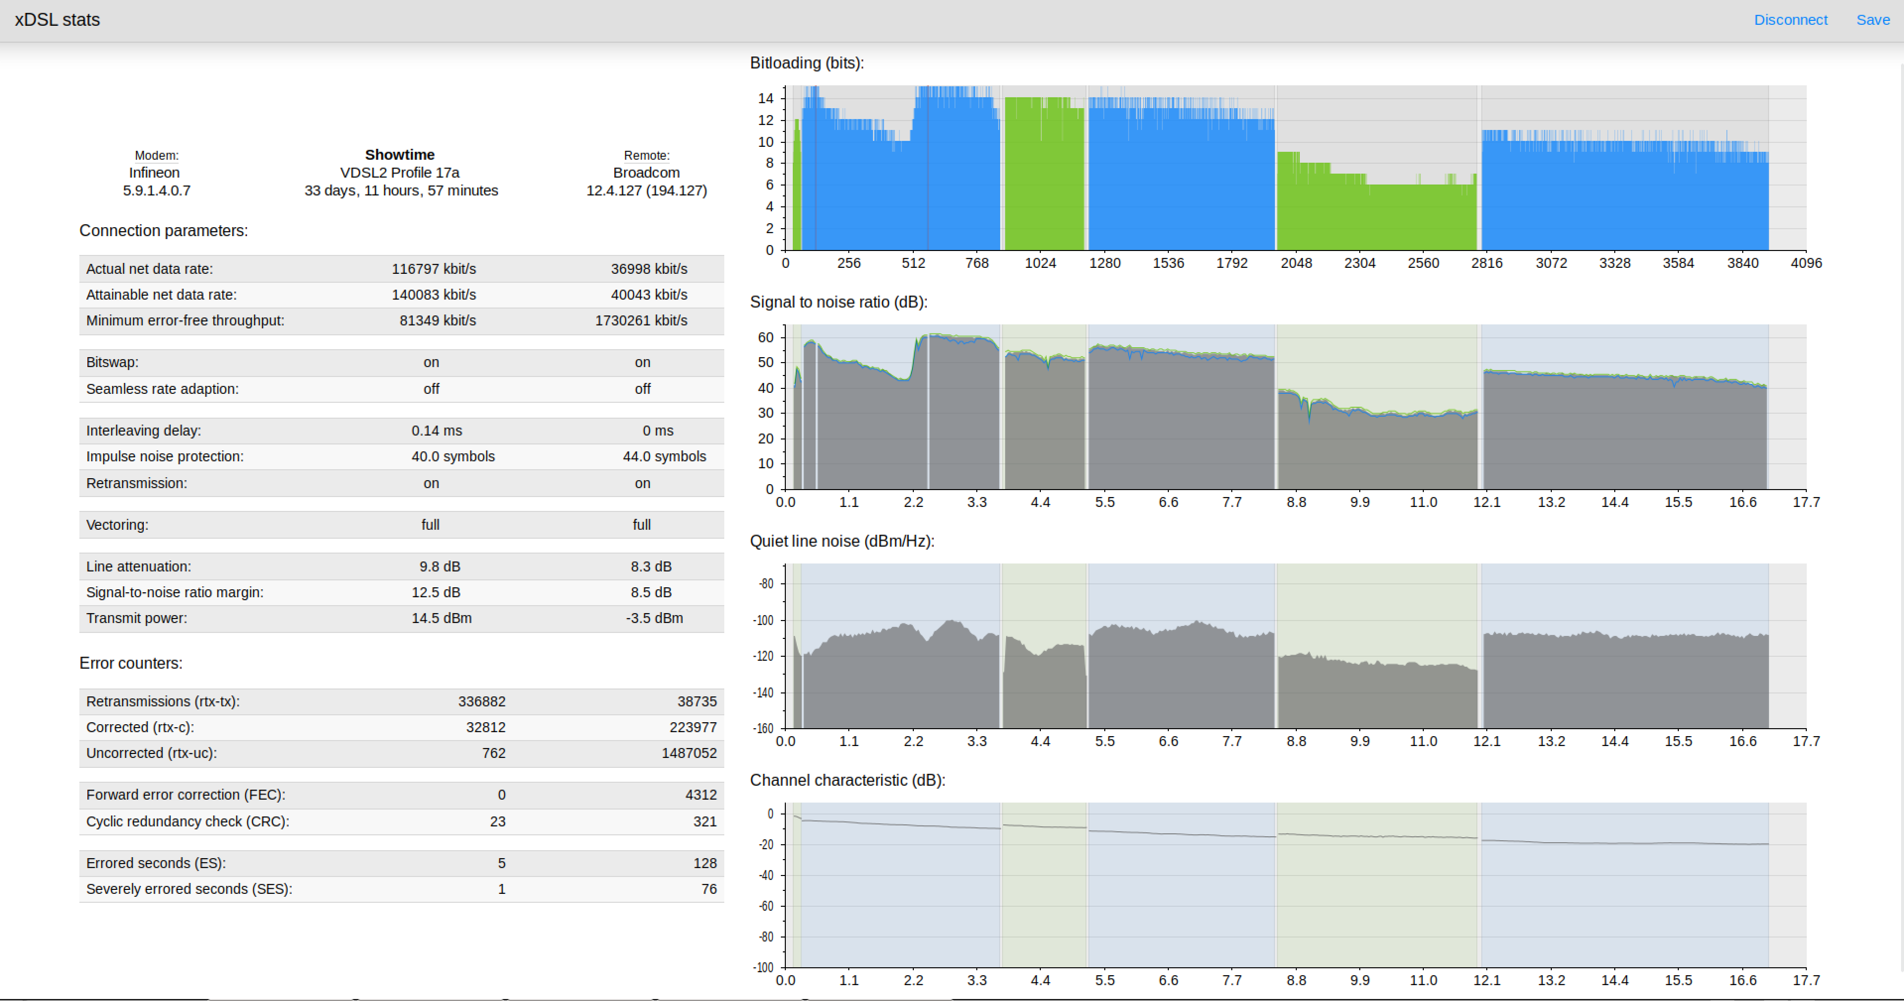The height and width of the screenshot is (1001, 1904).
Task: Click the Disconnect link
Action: [x=1790, y=20]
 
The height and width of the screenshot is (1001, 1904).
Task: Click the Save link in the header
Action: [x=1873, y=20]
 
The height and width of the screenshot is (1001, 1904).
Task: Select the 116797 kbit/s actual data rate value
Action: [x=434, y=269]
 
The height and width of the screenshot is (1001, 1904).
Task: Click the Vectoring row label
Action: [x=117, y=525]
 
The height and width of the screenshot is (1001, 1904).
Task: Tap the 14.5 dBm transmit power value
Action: [x=441, y=618]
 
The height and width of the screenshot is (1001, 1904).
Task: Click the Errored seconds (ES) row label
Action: [x=156, y=864]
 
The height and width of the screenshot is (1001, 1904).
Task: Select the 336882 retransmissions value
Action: [x=482, y=701]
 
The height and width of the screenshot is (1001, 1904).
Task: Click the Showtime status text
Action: [x=400, y=154]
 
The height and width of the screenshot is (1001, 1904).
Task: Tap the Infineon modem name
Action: [x=154, y=172]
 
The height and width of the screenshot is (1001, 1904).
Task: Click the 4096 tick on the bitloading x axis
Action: [x=1806, y=263]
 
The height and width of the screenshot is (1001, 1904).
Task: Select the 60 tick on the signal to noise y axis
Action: [x=766, y=338]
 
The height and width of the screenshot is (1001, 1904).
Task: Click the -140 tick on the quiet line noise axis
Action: [x=763, y=693]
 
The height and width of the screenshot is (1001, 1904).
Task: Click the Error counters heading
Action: [x=131, y=663]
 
